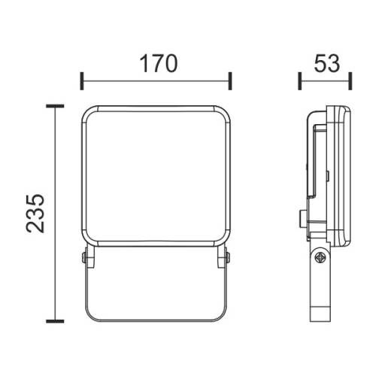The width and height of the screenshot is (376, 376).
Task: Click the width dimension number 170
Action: pos(156,63)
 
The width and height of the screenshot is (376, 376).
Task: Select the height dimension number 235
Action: pos(36,213)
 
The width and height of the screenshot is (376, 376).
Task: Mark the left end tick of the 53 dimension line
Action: pos(299,80)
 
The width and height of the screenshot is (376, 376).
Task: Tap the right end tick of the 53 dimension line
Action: pos(350,80)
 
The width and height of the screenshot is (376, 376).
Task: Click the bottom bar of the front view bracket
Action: pos(156,318)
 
